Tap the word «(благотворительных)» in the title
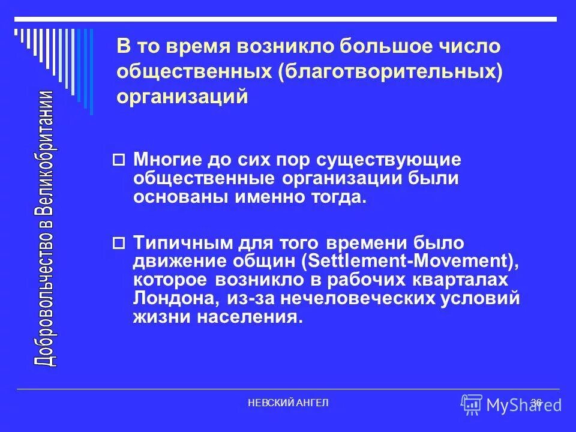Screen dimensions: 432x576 pos(388,71)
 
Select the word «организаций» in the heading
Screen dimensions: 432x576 pos(182,96)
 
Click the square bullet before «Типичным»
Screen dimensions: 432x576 pos(119,244)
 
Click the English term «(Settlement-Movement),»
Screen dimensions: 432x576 pos(409,262)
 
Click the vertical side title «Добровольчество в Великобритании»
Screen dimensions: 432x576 pos(46,228)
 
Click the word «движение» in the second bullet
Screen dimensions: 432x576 pos(173,262)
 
